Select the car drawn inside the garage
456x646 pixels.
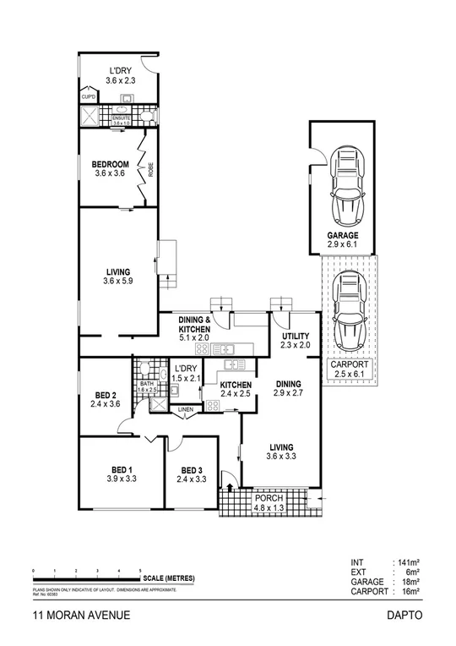[344, 183]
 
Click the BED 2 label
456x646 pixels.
[106, 398]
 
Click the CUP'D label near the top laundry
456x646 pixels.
[89, 97]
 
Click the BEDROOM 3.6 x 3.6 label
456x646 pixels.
[111, 168]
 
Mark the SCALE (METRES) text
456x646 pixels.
[169, 578]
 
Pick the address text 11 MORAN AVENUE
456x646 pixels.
[81, 616]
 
